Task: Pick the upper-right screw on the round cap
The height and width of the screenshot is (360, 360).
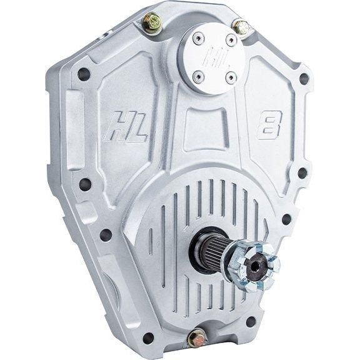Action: (231, 40)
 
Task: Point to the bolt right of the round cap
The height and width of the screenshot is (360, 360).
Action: (242, 27)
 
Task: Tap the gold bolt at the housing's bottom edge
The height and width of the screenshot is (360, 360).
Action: (197, 337)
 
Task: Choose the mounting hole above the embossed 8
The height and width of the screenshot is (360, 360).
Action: (304, 79)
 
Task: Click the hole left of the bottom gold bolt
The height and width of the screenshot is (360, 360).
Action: (148, 338)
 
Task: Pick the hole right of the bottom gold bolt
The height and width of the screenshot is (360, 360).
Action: (251, 321)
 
